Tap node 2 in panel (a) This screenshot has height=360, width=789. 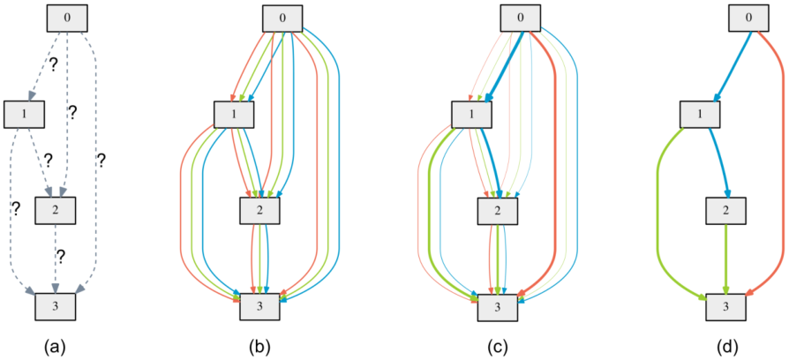(x=56, y=209)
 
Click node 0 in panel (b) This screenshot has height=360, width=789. (x=283, y=18)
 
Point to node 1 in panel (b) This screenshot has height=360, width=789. (x=235, y=114)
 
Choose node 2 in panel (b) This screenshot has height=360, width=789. (x=260, y=210)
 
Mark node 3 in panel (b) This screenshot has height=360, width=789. (x=259, y=306)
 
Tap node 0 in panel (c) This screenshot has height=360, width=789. (x=521, y=18)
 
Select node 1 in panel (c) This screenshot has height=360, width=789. (x=472, y=114)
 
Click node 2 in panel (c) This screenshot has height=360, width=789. (x=498, y=210)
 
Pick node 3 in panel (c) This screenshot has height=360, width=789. (x=498, y=306)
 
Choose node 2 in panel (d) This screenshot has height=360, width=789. (x=726, y=210)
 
